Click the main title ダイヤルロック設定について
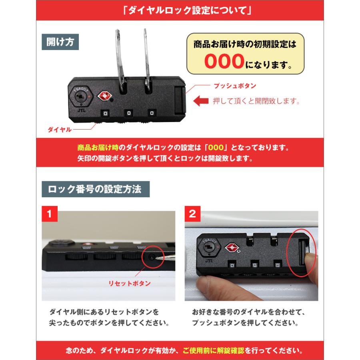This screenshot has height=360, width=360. pyautogui.click(x=180, y=10)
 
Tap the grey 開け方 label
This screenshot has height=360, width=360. pyautogui.click(x=60, y=42)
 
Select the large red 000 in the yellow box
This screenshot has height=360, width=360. pyautogui.click(x=224, y=61)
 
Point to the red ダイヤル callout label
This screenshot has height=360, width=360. pyautogui.click(x=59, y=129)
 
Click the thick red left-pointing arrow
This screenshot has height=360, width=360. pyautogui.click(x=201, y=101)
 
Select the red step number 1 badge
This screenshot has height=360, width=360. pyautogui.click(x=50, y=214)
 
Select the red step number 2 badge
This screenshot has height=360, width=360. pyautogui.click(x=192, y=214)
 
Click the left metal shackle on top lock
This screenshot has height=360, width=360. pyautogui.click(x=121, y=56)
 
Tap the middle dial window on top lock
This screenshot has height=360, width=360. pyautogui.click(x=129, y=114)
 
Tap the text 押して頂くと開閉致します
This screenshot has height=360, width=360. pyautogui.click(x=256, y=101)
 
